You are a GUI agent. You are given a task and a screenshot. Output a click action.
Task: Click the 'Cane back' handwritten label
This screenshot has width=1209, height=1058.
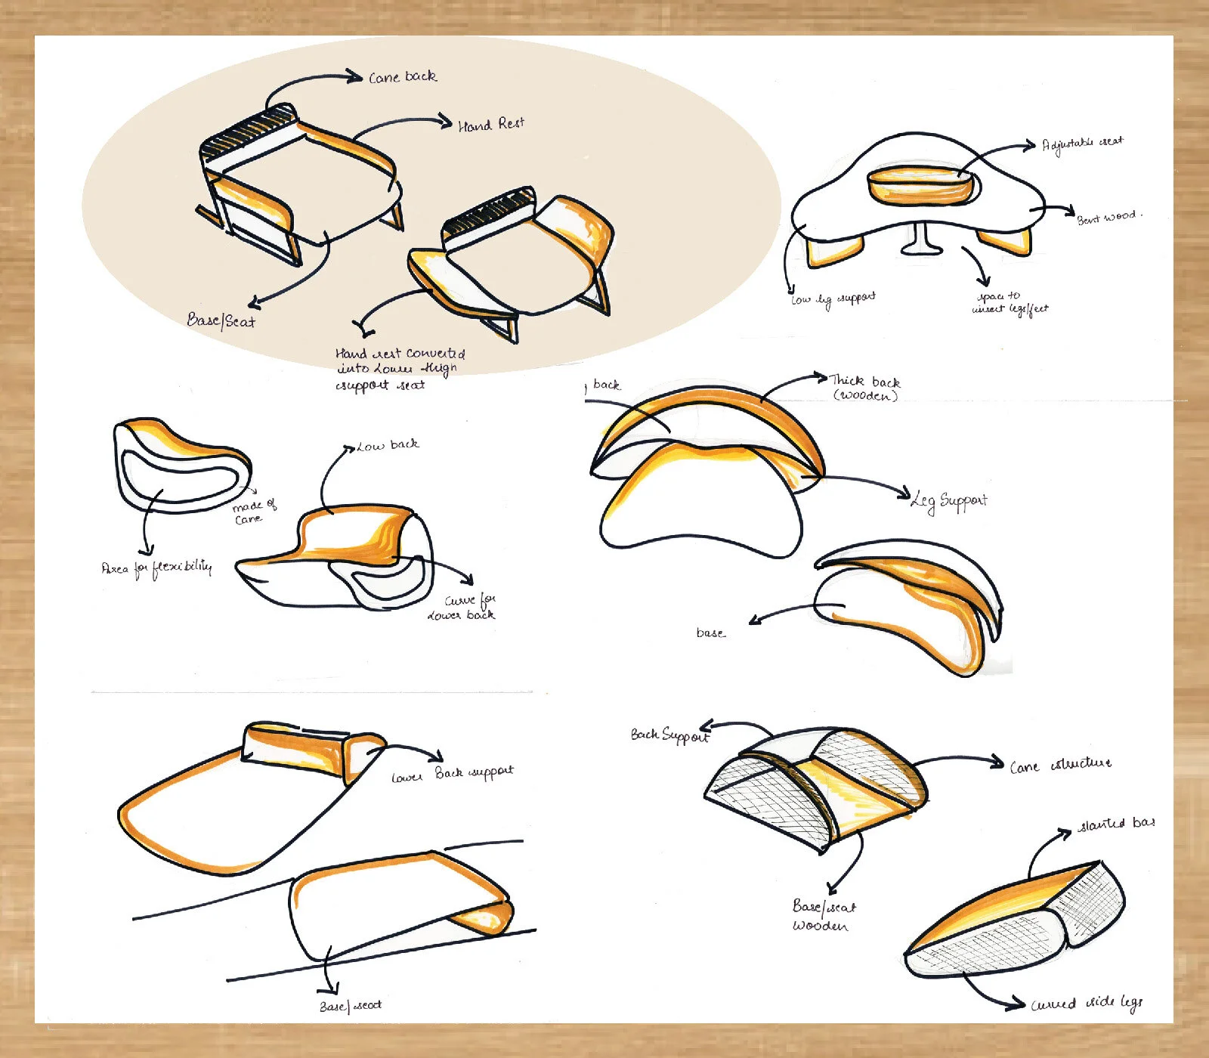click(x=402, y=77)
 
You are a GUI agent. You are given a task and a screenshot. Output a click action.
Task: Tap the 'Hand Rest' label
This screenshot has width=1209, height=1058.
click(x=490, y=125)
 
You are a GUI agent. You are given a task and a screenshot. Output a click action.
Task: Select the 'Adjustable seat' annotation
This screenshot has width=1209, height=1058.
click(x=1081, y=144)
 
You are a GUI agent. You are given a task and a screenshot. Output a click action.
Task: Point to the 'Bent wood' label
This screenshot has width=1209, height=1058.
click(x=1108, y=217)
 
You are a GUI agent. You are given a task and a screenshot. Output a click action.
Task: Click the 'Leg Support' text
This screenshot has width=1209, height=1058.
click(x=950, y=500)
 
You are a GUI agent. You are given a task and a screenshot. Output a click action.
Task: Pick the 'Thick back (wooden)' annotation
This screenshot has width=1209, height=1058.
click(x=865, y=388)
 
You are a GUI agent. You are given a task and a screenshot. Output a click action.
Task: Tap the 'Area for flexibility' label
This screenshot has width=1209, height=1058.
click(x=156, y=568)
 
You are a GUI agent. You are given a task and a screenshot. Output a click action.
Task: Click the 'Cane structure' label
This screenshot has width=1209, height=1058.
click(x=1061, y=766)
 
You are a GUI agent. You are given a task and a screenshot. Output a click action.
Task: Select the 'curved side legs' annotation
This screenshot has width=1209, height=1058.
click(x=1087, y=1003)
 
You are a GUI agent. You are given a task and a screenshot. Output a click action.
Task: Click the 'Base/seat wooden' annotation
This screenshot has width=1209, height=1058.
click(x=823, y=915)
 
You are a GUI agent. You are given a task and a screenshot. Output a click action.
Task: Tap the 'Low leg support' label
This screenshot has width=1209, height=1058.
click(x=833, y=299)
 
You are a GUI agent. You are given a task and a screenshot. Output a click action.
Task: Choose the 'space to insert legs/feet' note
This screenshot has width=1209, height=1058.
click(x=1009, y=302)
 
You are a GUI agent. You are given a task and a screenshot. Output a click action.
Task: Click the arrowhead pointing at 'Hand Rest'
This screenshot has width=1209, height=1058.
click(x=446, y=121)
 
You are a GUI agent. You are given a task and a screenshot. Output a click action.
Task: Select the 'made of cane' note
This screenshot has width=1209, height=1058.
click(x=253, y=512)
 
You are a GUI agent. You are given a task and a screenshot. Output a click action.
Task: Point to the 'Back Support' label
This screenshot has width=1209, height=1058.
click(x=669, y=735)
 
